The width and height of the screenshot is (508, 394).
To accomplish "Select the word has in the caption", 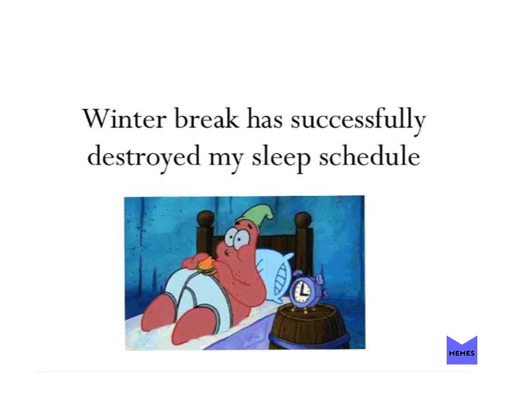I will (265, 119).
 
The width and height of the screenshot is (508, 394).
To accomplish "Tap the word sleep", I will (281, 157).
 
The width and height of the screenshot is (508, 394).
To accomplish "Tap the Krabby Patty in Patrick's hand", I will (206, 265).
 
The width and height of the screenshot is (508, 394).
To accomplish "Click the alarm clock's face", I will (303, 291).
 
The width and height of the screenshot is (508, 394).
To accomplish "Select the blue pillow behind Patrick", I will (274, 268).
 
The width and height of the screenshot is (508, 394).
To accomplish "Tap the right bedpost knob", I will (303, 221).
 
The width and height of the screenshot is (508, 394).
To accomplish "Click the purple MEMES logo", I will (462, 351).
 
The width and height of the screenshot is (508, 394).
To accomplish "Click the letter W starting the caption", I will (95, 119).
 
